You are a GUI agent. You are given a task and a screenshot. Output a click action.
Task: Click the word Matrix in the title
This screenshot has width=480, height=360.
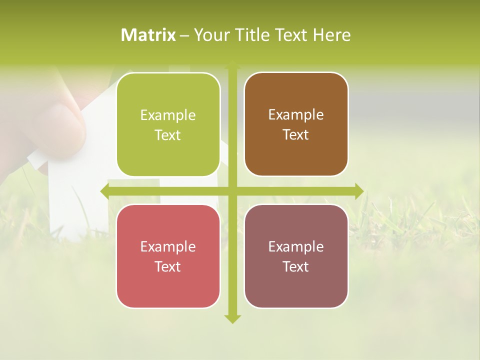coord(148,35)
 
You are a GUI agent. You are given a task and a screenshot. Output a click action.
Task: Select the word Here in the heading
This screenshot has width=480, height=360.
coord(331,35)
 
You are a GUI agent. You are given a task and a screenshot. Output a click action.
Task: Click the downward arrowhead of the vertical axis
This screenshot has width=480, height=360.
coord(232,318)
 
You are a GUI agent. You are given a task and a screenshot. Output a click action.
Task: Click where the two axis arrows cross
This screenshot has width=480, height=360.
coord(232,191)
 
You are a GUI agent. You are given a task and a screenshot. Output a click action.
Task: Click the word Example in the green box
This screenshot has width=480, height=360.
coord(168,115)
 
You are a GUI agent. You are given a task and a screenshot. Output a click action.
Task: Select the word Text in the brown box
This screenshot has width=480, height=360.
coord(296,135)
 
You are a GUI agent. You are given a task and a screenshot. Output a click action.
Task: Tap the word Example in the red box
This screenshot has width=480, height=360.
coord(168,247)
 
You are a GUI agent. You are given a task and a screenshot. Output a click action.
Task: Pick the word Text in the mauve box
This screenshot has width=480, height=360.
coord(296,266)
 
